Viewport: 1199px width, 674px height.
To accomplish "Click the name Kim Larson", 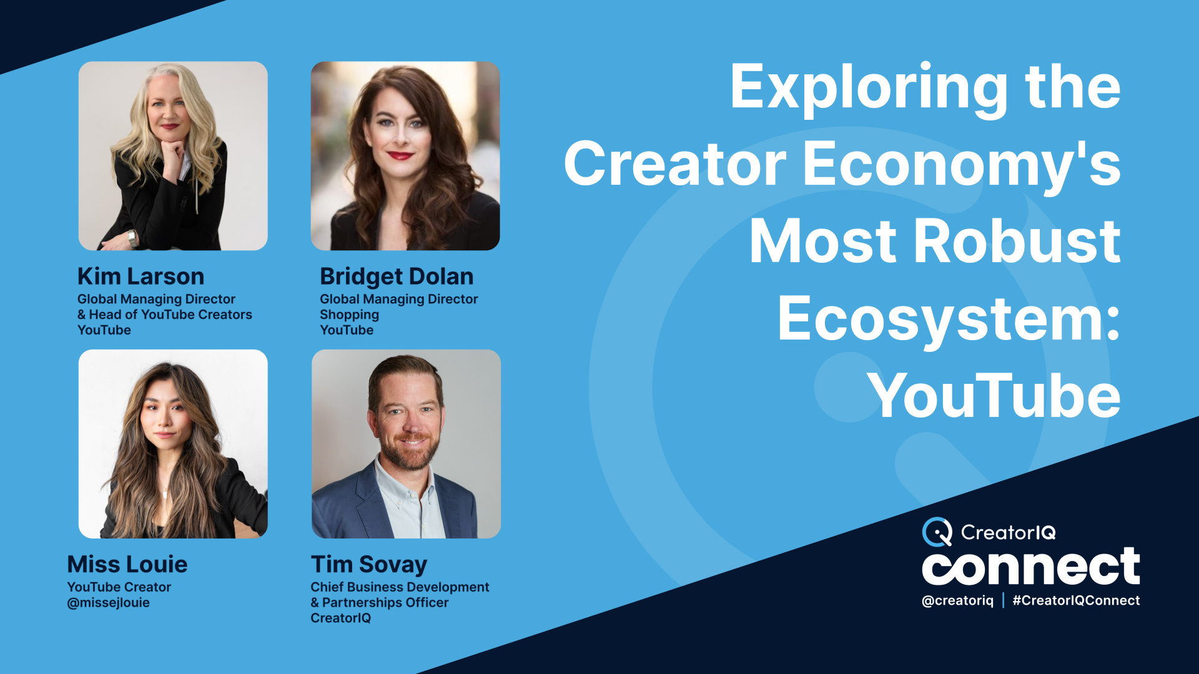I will click(141, 276).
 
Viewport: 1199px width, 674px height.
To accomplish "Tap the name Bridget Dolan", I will click(397, 276).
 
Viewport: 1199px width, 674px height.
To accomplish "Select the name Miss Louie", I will click(127, 564).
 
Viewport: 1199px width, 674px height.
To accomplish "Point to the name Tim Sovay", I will click(369, 564).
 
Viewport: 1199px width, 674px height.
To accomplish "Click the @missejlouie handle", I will click(108, 603).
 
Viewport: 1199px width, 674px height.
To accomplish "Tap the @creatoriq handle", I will click(957, 600).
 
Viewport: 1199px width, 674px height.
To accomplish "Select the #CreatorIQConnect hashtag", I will click(1076, 600).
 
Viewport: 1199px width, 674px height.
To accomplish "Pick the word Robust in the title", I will click(1017, 242).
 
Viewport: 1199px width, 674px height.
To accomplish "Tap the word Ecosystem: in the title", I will click(949, 319).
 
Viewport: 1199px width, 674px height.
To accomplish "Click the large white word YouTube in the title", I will click(994, 396).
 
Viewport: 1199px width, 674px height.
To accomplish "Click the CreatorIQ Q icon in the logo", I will click(937, 532).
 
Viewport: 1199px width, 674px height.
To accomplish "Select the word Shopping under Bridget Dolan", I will click(349, 315).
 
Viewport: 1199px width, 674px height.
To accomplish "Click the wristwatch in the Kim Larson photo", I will click(132, 238).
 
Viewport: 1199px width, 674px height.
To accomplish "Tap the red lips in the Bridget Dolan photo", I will click(400, 155).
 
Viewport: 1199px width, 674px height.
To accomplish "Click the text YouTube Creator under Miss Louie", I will click(119, 587).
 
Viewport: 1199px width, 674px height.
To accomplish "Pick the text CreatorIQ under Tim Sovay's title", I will click(340, 618).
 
